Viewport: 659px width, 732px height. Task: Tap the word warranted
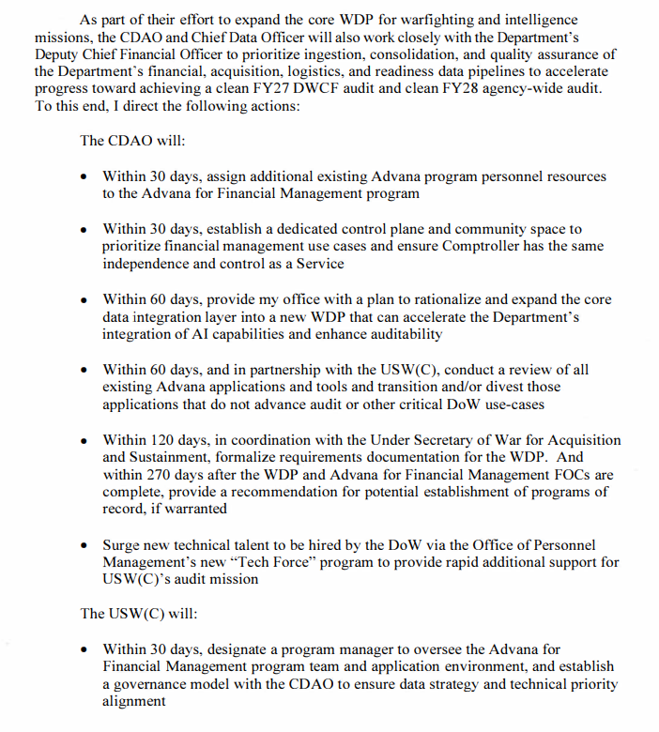(196, 510)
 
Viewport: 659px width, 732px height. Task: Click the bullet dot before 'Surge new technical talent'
(85, 545)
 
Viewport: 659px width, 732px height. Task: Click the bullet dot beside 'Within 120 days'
(85, 441)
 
